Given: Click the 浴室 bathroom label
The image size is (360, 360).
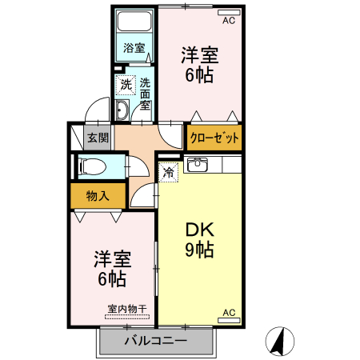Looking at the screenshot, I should tap(134, 48).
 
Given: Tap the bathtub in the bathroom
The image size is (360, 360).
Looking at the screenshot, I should tap(134, 22).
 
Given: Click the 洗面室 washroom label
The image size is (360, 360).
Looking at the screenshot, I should tap(146, 93).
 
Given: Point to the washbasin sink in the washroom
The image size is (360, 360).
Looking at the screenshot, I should tap(122, 110).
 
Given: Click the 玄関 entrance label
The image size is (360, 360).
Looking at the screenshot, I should tap(98, 138).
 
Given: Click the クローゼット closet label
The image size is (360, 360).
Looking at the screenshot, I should tap(214, 138).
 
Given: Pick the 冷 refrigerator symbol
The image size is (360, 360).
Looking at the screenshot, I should tap(169, 171).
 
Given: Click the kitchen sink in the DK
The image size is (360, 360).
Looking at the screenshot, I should tap(196, 166).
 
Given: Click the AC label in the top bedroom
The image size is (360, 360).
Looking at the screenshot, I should tap(228, 21).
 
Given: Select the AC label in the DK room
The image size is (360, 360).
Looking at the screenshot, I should tap(227, 312).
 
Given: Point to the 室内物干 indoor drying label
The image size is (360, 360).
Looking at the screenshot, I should tap(126, 310).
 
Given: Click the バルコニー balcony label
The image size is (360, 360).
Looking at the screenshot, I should tap(156, 341).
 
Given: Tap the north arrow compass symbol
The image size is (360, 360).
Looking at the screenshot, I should tap(278, 342).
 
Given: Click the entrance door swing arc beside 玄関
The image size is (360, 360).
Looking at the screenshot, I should tap(96, 108).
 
